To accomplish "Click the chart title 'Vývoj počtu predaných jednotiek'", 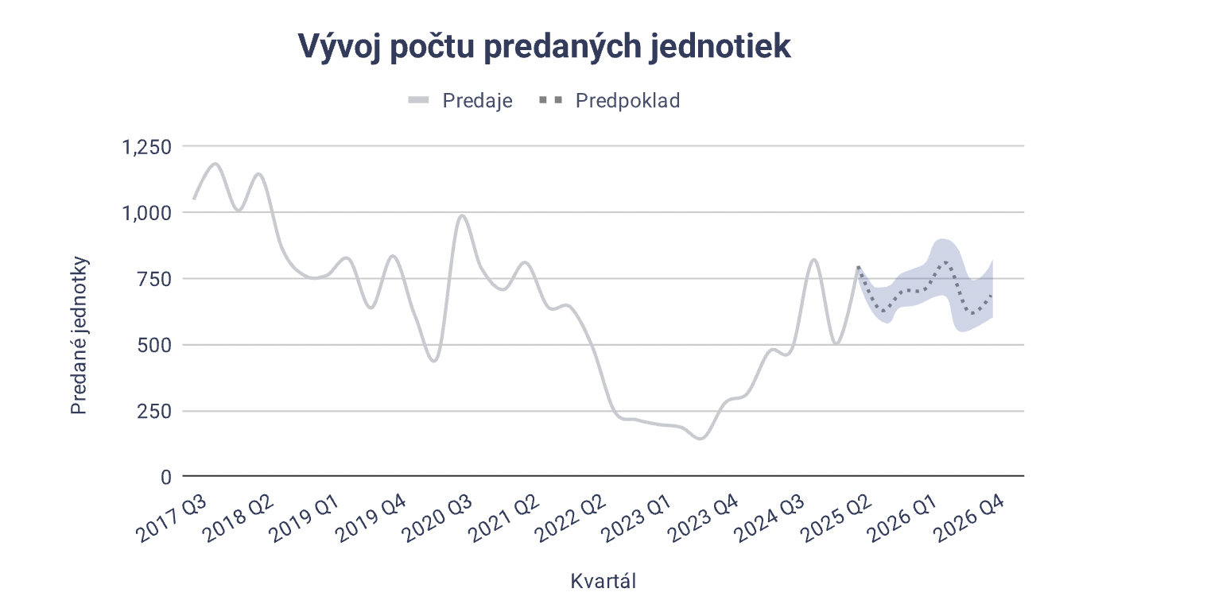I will click(x=544, y=47).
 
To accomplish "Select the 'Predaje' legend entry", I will click(x=476, y=101).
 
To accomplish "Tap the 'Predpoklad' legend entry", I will click(x=627, y=101).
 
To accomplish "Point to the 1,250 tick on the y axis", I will click(x=146, y=147).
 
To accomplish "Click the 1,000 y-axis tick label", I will click(x=146, y=213).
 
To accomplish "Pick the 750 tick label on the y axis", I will click(x=154, y=279).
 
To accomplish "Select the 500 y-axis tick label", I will click(x=154, y=345).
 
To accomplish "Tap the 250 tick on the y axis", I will click(x=154, y=411).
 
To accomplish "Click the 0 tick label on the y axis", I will click(x=165, y=477).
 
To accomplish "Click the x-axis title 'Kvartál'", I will click(x=603, y=581).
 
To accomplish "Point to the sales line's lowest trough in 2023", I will click(x=701, y=438).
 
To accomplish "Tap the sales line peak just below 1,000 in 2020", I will click(x=462, y=215).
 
